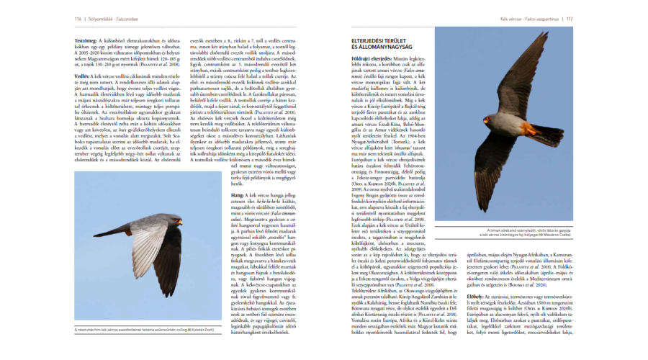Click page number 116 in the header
pyautogui.click(x=77, y=19)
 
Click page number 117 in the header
pyautogui.click(x=570, y=19)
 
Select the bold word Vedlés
pyautogui.click(x=81, y=76)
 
